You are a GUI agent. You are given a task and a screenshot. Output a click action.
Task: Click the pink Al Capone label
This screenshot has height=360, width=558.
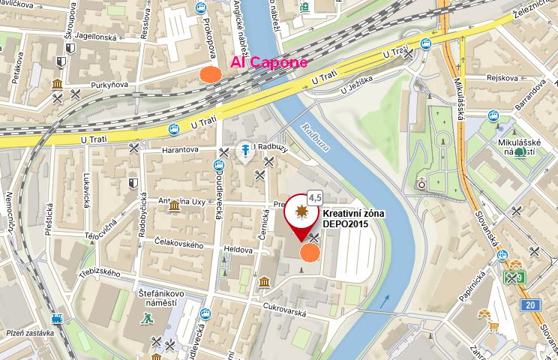268,62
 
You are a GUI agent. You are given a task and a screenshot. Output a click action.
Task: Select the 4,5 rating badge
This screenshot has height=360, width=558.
315,197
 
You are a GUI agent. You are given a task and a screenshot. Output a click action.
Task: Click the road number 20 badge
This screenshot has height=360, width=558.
531,304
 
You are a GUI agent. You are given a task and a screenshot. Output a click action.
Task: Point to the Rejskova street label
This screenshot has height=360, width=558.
502,76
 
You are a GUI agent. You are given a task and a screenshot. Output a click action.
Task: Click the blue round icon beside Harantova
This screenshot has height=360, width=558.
244,152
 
